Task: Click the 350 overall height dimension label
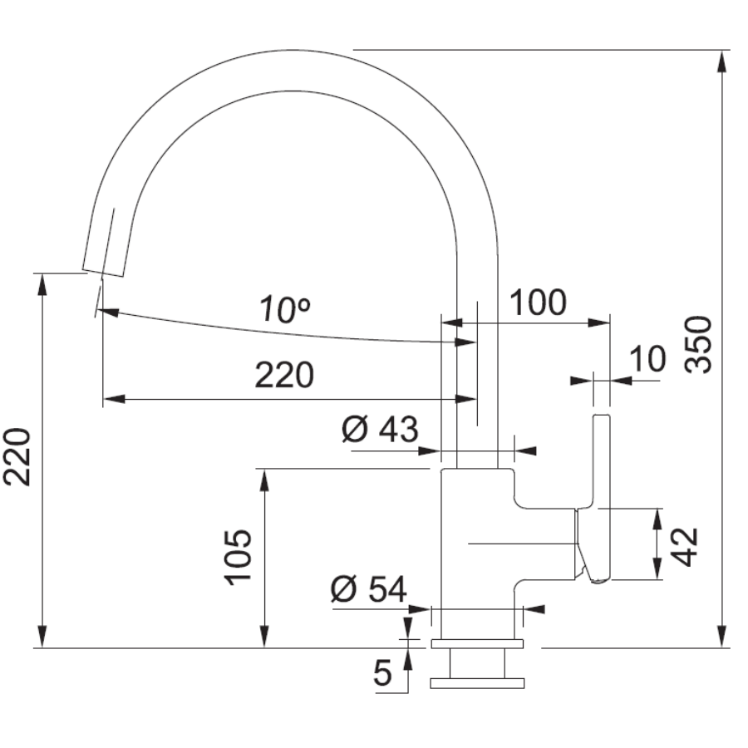coord(698,344)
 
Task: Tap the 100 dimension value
coord(538,303)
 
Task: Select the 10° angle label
coord(285,310)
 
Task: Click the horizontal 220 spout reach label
coord(284,375)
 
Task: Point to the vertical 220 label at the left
coord(17,457)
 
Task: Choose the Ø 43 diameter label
coord(380,428)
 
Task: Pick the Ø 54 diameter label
coord(369,588)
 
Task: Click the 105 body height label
coord(238,557)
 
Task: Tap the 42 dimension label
coord(684,547)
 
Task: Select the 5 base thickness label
coord(382,673)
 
